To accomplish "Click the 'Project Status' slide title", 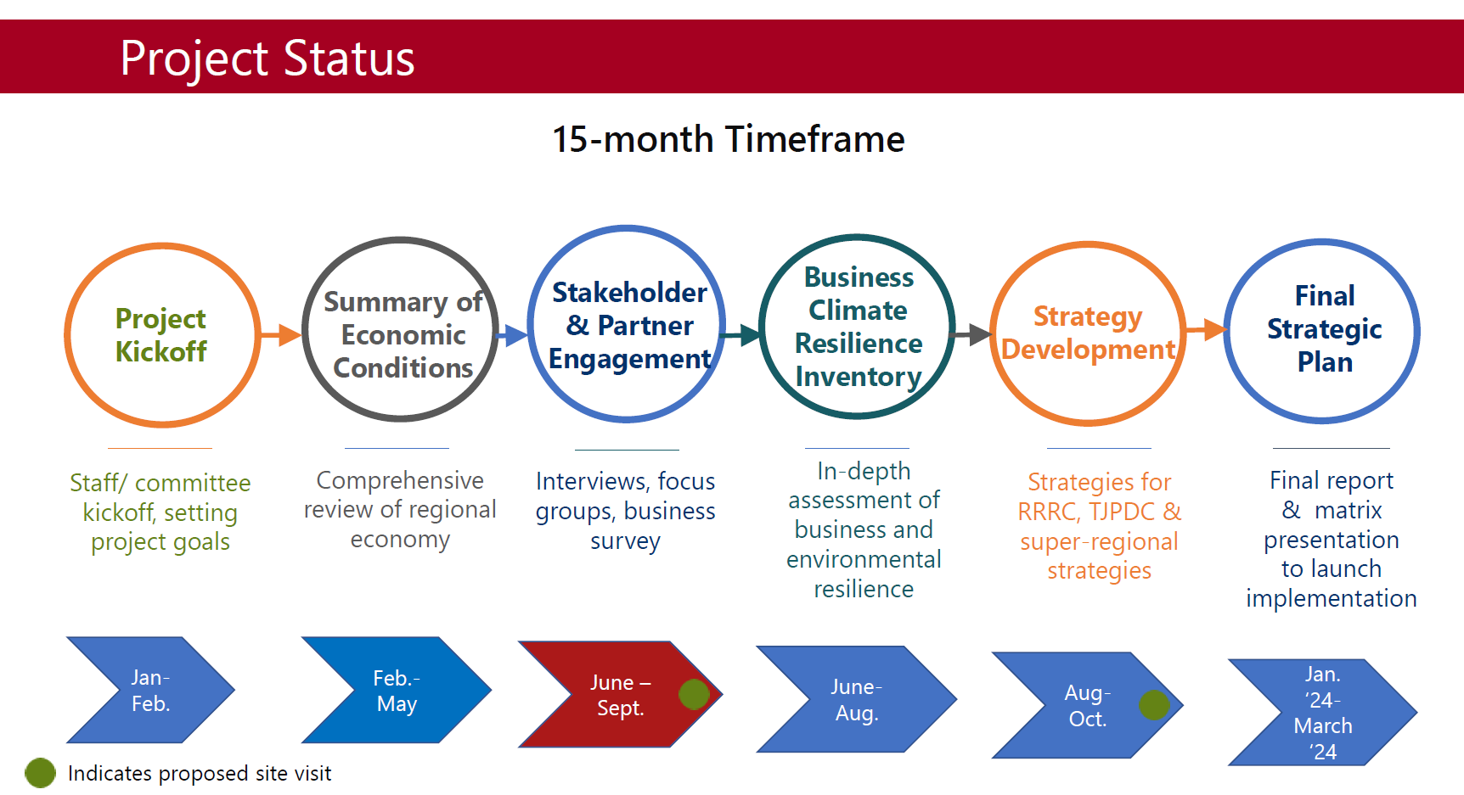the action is click(x=267, y=59).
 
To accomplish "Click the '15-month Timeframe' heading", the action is click(x=729, y=139).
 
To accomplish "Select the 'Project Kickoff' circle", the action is click(x=66, y=335).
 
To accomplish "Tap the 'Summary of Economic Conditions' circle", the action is click(x=304, y=329).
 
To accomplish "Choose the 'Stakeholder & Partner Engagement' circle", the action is click(x=529, y=323).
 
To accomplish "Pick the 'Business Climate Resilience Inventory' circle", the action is click(x=761, y=327).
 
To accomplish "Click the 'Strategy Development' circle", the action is click(x=992, y=333).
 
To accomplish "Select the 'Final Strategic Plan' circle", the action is click(x=1225, y=331).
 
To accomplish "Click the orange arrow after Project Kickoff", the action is click(x=280, y=334).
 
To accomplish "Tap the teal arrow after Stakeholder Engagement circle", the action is click(x=740, y=335).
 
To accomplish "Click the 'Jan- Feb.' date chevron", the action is click(x=151, y=690).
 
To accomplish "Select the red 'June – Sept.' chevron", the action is click(x=620, y=694).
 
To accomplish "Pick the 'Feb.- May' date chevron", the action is click(x=397, y=690).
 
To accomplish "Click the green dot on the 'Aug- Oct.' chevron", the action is click(x=1154, y=705).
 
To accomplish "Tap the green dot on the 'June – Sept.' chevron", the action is click(x=694, y=694).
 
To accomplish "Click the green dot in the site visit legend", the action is click(x=40, y=773).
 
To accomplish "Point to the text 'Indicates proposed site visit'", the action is click(x=200, y=773).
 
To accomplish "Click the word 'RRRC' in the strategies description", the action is click(x=1047, y=512).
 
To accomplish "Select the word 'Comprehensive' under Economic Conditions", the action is click(x=400, y=480).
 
